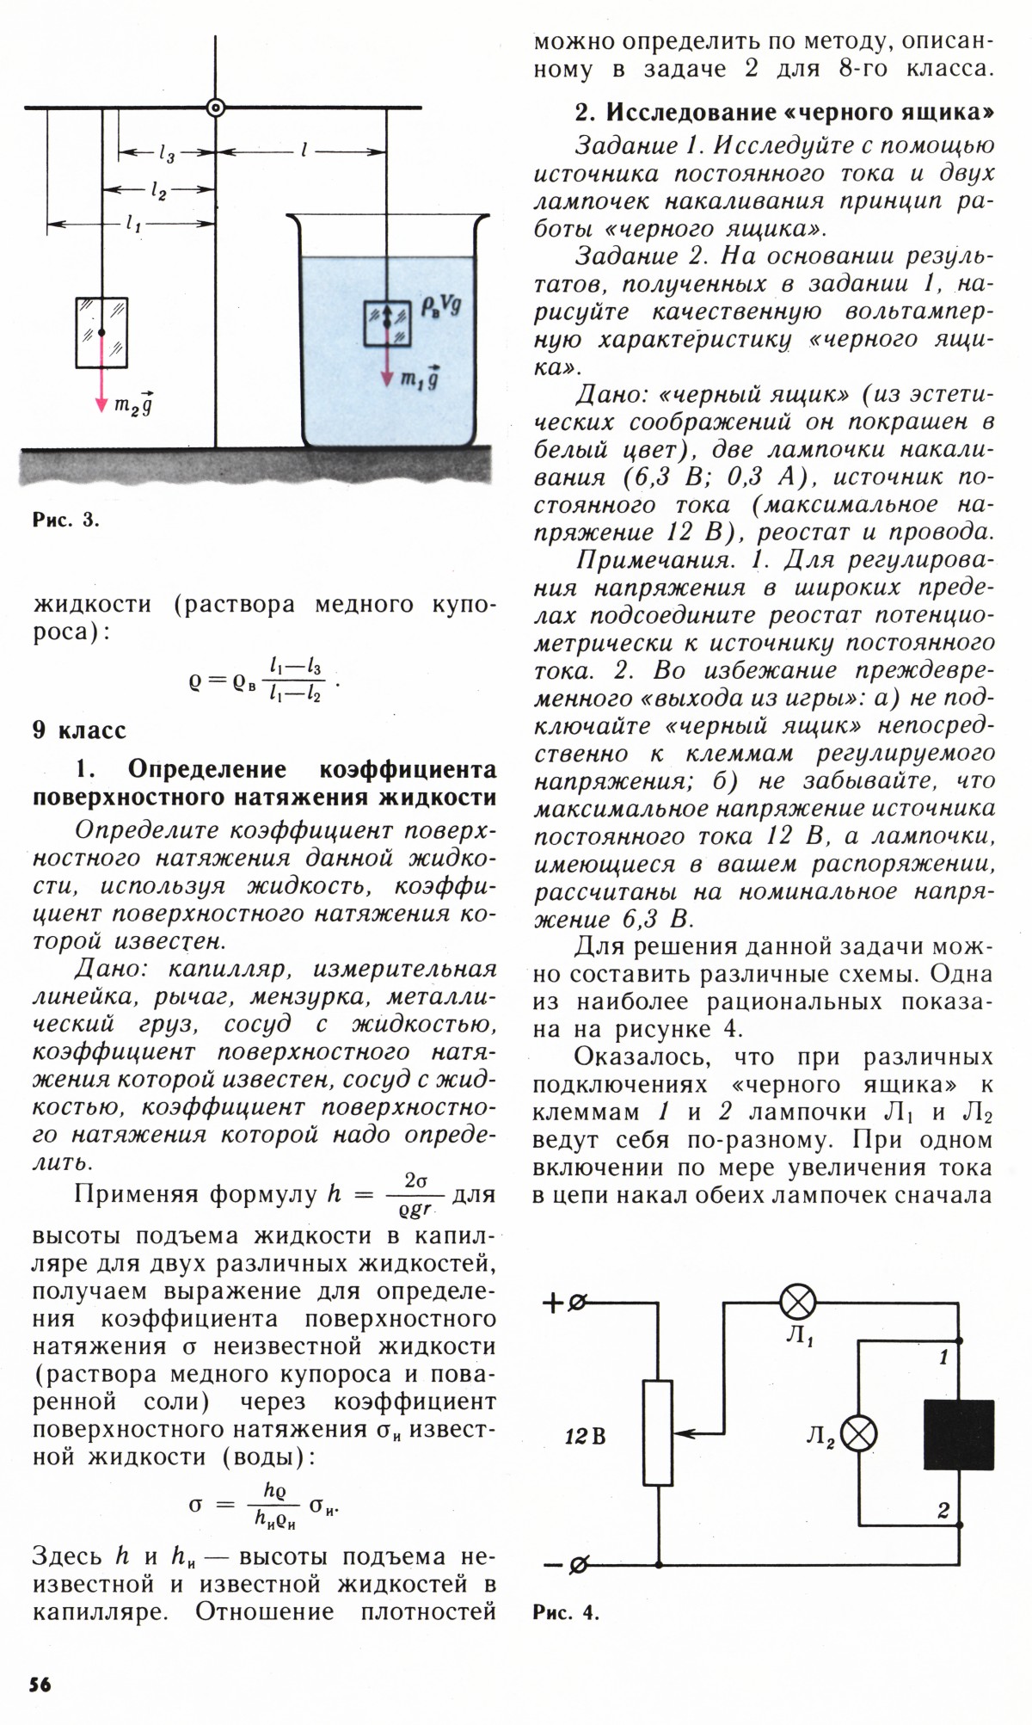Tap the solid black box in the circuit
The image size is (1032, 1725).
click(959, 1434)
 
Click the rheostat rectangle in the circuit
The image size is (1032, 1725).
click(658, 1433)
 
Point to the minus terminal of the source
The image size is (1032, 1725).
click(578, 1564)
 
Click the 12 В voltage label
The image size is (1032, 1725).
click(585, 1436)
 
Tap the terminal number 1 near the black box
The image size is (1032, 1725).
click(943, 1358)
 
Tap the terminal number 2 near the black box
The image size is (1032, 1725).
click(943, 1511)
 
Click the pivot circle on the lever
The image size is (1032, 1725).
click(216, 108)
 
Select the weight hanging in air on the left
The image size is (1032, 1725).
click(101, 332)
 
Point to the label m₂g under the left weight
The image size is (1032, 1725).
click(133, 405)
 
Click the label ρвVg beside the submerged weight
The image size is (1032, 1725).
click(441, 305)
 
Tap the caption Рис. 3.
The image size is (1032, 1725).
click(65, 520)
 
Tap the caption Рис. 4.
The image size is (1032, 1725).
click(565, 1612)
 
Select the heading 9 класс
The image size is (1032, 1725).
click(79, 730)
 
